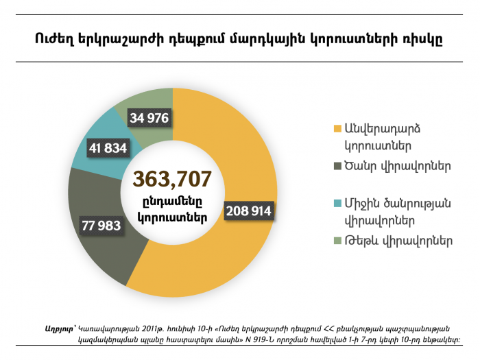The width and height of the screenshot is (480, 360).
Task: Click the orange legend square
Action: (x=337, y=129)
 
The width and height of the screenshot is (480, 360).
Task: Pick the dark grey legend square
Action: (x=337, y=166)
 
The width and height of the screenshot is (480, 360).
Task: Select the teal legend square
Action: (x=337, y=204)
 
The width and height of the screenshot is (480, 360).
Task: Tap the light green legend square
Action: (x=337, y=241)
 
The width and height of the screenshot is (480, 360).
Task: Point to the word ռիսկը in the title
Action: (x=423, y=38)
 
